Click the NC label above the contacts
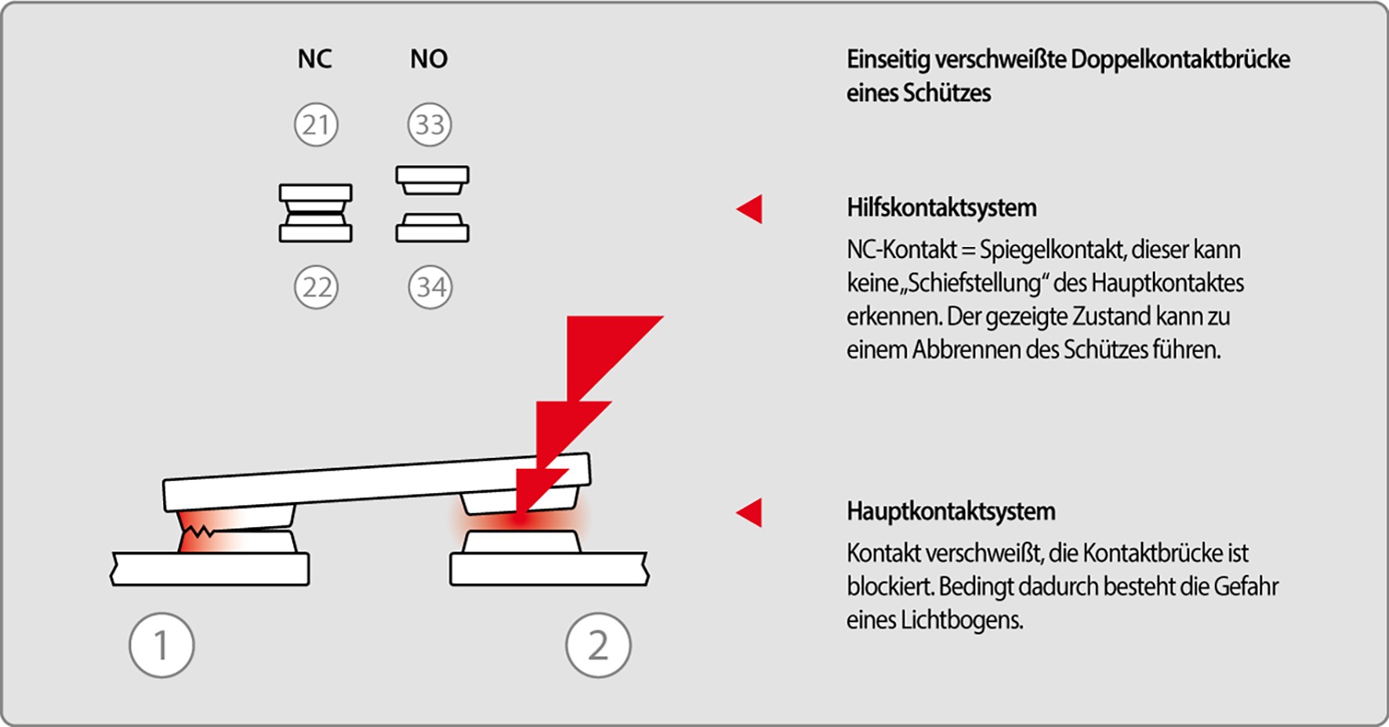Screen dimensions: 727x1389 (314, 59)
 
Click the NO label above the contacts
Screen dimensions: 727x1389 (429, 59)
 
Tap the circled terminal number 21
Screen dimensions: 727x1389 (316, 125)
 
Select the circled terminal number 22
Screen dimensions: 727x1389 (316, 287)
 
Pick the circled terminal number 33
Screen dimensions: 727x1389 (430, 125)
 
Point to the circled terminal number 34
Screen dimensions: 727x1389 (430, 287)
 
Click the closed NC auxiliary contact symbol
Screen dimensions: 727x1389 (315, 213)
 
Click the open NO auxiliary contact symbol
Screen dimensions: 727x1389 (432, 204)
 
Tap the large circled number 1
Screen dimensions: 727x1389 (161, 645)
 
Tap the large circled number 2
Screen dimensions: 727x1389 (598, 645)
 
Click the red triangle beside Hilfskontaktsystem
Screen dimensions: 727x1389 (750, 209)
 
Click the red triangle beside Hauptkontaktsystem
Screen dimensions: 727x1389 (750, 512)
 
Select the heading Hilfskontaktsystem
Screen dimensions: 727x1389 (941, 208)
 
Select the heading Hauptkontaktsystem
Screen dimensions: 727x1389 (951, 511)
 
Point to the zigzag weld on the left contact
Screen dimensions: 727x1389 (197, 533)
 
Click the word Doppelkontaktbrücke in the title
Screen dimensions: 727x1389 (1180, 60)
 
